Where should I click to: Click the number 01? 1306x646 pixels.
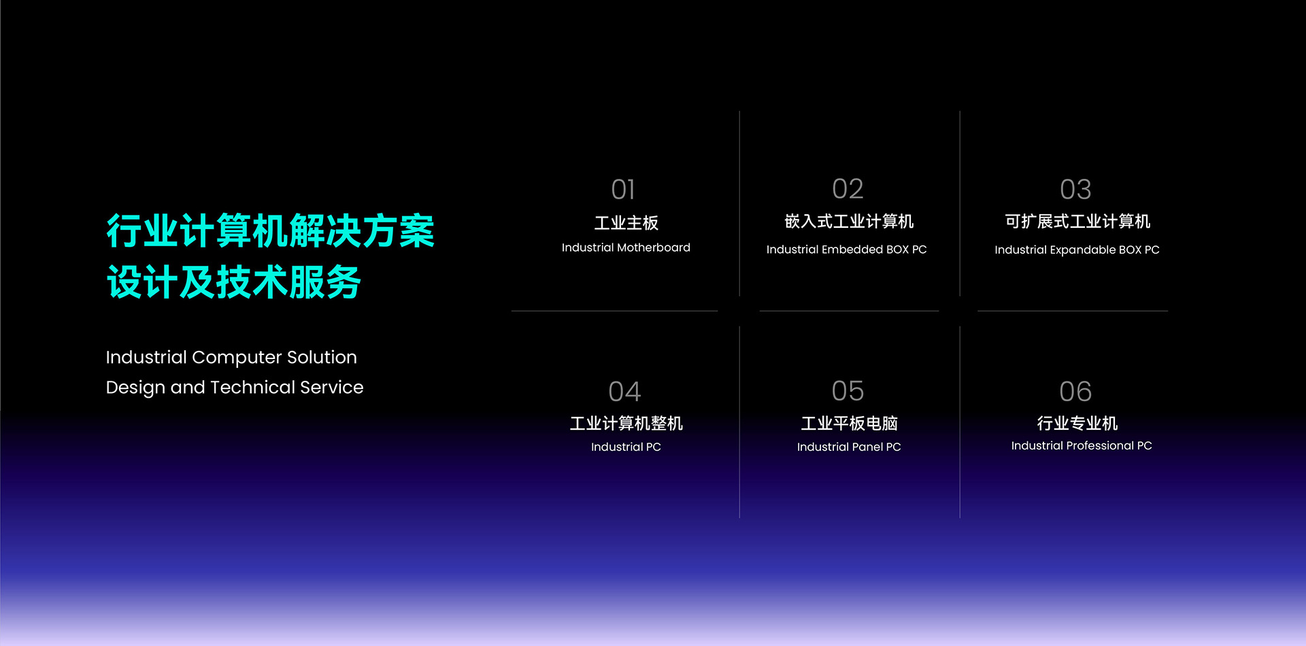[623, 190]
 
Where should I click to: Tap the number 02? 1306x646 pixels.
[848, 189]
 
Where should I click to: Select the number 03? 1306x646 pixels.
[1075, 190]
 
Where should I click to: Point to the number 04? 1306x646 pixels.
[624, 392]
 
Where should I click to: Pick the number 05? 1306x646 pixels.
[848, 391]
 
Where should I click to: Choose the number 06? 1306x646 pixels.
[1075, 392]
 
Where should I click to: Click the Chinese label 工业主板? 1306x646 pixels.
[626, 222]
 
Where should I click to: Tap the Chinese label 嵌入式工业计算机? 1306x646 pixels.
[849, 222]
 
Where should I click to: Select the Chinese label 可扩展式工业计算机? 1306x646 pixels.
[1077, 222]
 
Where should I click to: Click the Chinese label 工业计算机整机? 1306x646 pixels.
[626, 424]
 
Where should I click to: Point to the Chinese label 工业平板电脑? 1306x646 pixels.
[849, 424]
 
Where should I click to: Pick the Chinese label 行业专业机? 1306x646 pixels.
[1077, 424]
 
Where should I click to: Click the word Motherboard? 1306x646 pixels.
[654, 248]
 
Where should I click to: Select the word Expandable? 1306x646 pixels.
[1083, 250]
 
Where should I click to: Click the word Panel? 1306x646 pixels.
[867, 447]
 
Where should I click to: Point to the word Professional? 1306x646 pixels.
[1101, 446]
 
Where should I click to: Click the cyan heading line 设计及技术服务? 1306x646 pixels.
[233, 282]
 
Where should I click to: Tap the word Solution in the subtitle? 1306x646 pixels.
[322, 358]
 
